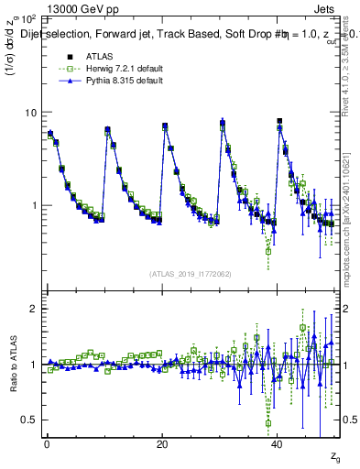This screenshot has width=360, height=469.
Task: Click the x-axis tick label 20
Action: [162, 444]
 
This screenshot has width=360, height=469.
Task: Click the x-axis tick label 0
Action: [47, 444]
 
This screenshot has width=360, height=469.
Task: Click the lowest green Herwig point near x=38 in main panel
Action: [268, 251]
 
